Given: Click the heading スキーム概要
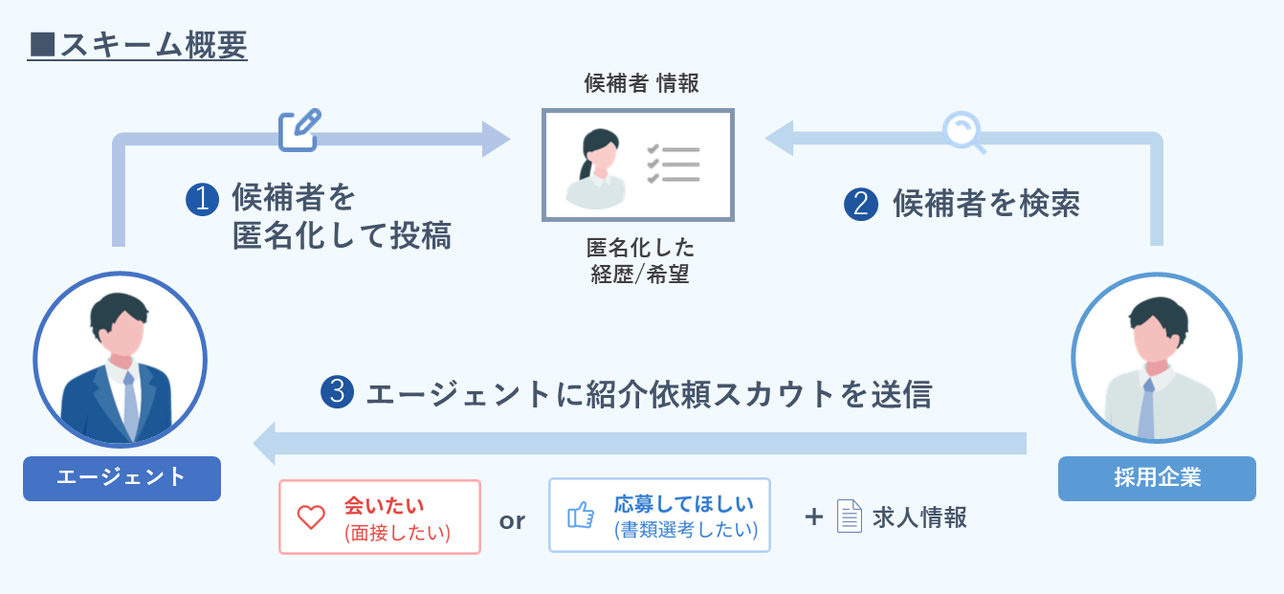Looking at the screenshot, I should coord(138,44).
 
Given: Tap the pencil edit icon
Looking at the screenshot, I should coord(299,130).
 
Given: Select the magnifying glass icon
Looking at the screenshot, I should coord(963,133).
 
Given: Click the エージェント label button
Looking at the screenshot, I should coord(122,477).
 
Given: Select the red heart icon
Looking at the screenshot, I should coord(312,517).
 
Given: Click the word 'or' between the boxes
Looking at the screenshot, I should coord(513,521).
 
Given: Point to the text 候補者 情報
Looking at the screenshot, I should coord(642,83).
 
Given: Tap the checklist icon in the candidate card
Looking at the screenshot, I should coord(674,164).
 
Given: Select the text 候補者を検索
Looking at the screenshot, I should coord(985,204).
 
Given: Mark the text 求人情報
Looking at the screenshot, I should coord(919,517).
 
